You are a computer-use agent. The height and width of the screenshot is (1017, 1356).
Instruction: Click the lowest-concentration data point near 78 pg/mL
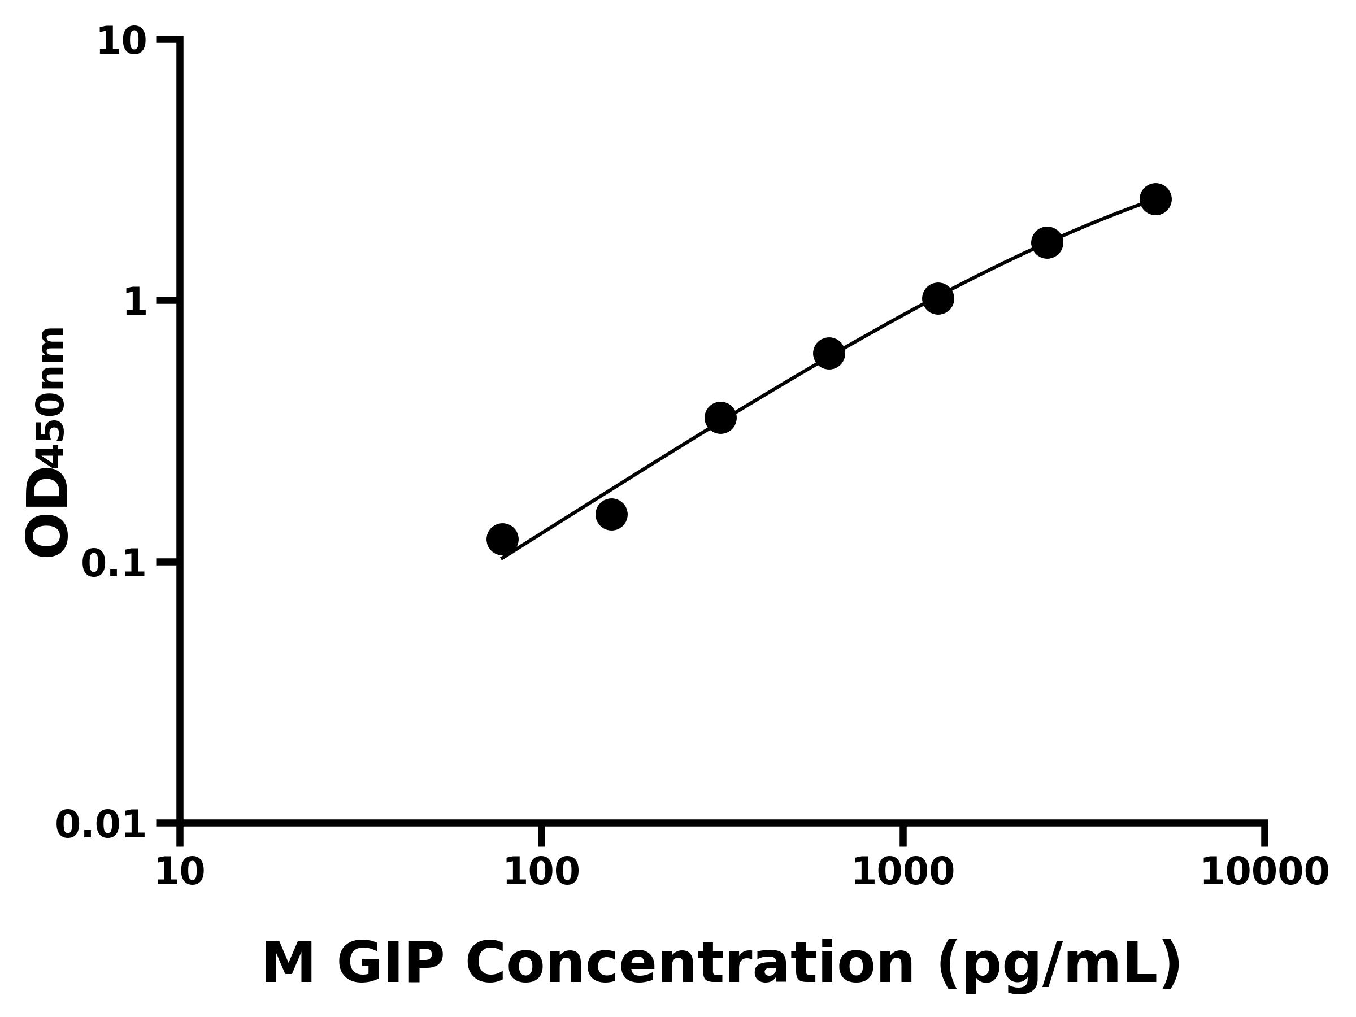502,540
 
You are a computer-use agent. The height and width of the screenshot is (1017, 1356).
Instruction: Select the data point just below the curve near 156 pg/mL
611,514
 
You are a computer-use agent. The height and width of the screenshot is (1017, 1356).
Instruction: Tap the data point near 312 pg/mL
720,418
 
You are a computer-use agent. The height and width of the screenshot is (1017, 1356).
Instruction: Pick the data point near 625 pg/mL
829,353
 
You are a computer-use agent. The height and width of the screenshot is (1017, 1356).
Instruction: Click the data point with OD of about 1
938,298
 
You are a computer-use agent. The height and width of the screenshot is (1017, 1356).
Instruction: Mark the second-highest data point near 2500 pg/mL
1047,243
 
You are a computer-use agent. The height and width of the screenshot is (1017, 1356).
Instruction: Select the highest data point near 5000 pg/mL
1155,199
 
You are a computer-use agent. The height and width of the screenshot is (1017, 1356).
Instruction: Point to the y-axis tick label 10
122,43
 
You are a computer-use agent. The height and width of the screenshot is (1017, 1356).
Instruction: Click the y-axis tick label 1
136,303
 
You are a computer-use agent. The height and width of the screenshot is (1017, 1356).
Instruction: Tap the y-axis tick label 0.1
114,564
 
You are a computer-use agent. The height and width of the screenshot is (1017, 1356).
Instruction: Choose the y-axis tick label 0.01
101,825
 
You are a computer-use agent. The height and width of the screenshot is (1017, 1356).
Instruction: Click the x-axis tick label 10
180,873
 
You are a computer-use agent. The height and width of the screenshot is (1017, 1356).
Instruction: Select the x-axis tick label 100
541,873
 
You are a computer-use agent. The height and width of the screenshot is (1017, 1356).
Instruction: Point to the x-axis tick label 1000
903,873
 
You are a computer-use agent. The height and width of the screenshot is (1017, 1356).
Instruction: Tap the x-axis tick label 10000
1264,873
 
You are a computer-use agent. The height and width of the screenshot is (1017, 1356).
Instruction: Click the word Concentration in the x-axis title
690,965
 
